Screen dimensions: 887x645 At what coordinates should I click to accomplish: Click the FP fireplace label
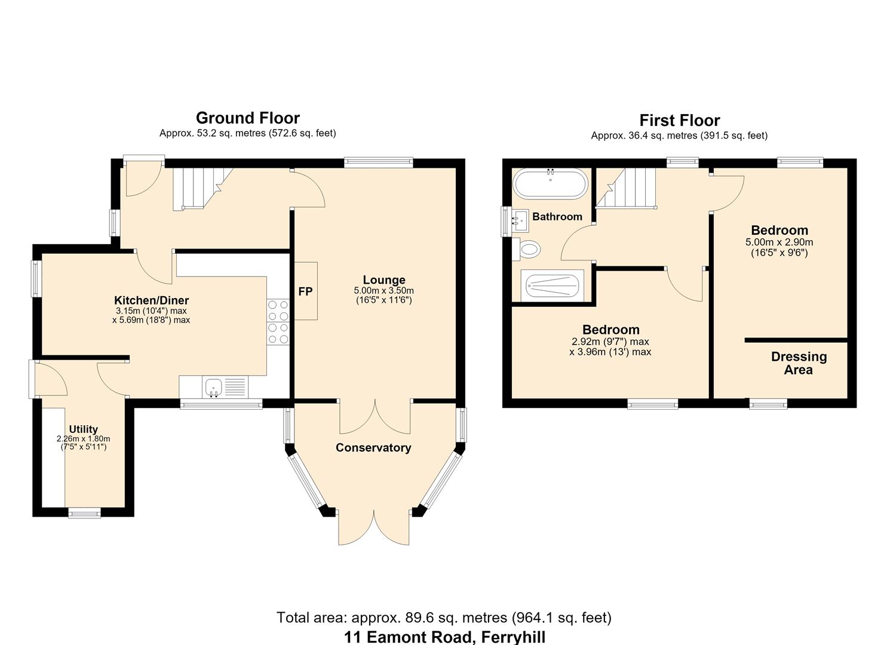point(305,292)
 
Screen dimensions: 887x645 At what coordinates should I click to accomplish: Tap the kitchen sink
point(225,387)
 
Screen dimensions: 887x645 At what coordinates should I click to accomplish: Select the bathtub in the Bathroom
point(550,183)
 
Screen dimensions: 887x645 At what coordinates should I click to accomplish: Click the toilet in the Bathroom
point(527,250)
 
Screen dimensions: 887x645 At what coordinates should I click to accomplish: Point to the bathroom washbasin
point(520,221)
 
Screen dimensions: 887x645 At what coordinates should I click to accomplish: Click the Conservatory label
point(373,448)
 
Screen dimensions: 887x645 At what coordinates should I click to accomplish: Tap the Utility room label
point(84,429)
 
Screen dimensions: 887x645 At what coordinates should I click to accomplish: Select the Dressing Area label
point(799,363)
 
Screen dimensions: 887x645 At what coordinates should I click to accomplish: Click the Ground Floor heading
point(248,118)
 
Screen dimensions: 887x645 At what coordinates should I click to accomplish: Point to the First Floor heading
point(680,121)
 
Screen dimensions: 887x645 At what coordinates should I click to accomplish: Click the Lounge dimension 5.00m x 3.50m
point(383,291)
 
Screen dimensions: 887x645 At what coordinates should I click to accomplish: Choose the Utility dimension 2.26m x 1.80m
point(84,439)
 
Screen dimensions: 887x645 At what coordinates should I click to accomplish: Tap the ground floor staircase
point(202,189)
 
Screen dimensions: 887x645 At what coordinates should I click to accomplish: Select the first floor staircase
point(626,188)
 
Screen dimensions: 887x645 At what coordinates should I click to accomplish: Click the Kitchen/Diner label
point(151,300)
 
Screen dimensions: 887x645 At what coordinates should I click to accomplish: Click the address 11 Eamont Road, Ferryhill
point(444,637)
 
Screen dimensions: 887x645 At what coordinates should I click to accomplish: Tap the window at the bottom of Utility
point(84,513)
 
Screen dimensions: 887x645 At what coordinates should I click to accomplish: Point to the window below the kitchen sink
point(222,404)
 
